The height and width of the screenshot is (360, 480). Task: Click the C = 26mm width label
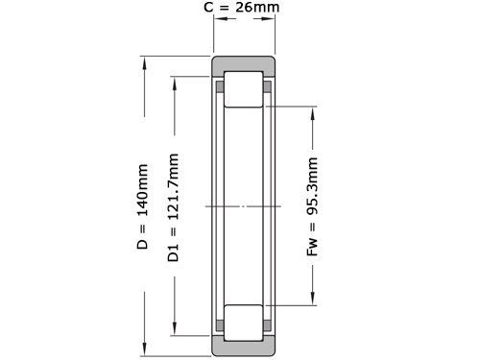point(244,10)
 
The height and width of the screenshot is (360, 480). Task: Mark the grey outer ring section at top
point(244,64)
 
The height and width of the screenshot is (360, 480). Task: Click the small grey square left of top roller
point(220,87)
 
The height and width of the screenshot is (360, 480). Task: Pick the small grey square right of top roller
point(269,87)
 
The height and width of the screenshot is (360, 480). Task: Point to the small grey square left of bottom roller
point(220,324)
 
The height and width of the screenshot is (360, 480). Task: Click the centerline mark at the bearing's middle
point(244,206)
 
